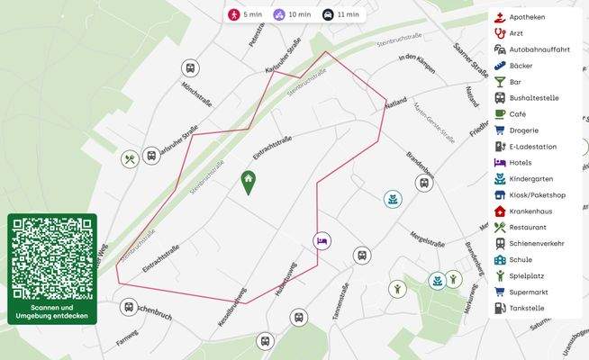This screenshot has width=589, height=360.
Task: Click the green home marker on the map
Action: pyautogui.click(x=248, y=183)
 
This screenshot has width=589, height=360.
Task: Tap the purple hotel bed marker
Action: pyautogui.click(x=322, y=240)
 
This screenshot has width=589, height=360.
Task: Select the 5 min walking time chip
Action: pyautogui.click(x=246, y=14)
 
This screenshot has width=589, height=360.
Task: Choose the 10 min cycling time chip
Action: pyautogui.click(x=293, y=14)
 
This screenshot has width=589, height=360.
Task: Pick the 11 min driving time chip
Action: pyautogui.click(x=341, y=14)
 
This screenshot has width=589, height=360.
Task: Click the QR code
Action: pyautogui.click(x=51, y=257)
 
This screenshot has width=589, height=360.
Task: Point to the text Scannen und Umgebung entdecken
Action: pyautogui.click(x=51, y=311)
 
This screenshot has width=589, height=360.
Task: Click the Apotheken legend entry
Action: pyautogui.click(x=531, y=17)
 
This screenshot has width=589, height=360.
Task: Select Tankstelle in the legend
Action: pyautogui.click(x=531, y=308)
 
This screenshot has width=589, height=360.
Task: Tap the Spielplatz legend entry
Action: pyautogui.click(x=531, y=275)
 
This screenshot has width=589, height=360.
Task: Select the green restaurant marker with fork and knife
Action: pyautogui.click(x=131, y=159)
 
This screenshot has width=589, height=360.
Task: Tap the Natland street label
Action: pyautogui.click(x=394, y=103)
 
